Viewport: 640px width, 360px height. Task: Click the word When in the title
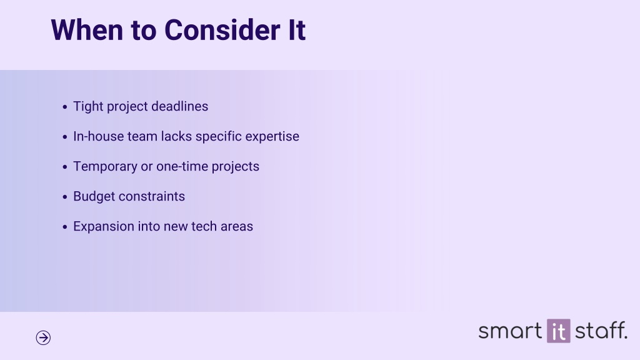[86, 30]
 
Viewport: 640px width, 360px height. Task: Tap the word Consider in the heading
[222, 30]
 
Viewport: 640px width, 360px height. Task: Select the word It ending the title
[297, 30]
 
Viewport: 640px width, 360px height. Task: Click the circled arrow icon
[43, 337]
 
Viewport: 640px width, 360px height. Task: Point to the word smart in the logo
[510, 331]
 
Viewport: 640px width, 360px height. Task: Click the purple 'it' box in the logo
[559, 331]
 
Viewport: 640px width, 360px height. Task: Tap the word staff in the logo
[601, 330]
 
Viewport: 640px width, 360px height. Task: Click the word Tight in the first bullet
[88, 106]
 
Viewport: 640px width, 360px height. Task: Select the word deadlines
[179, 106]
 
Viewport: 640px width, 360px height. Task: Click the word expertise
[272, 137]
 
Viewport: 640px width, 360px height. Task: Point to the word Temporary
[105, 166]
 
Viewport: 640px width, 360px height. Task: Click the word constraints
[152, 196]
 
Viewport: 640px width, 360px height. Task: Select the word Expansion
[104, 226]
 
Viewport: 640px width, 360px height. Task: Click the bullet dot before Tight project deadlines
[65, 107]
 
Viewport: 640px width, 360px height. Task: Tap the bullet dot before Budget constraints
[65, 197]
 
